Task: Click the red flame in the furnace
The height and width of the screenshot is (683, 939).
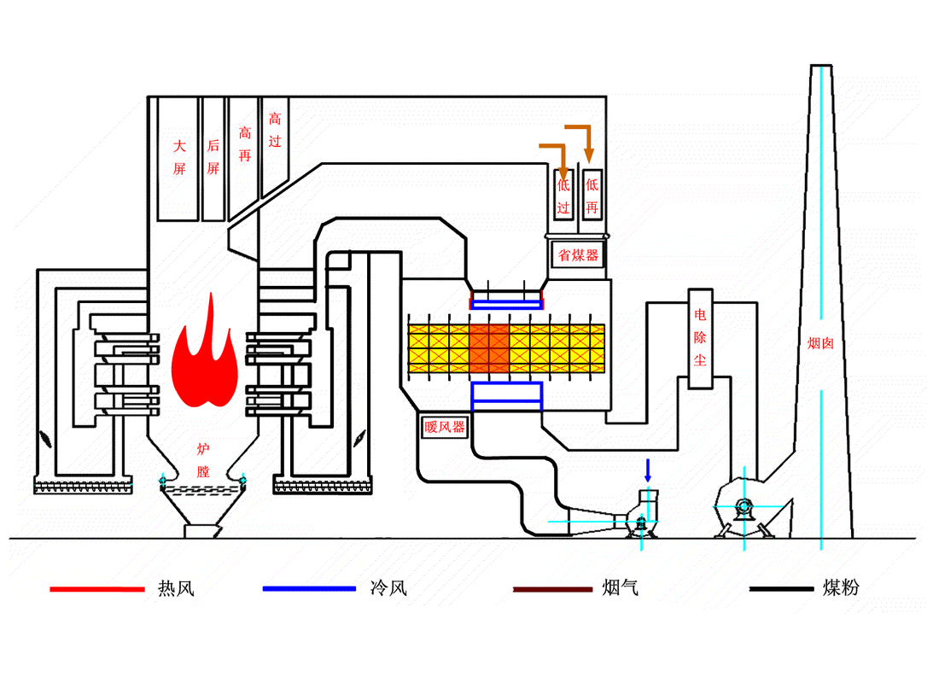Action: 204,359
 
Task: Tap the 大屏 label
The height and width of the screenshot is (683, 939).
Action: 179,157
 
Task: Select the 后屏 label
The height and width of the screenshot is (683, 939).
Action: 213,157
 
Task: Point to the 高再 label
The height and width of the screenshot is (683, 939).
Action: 245,145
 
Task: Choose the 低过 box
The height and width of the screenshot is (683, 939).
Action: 563,196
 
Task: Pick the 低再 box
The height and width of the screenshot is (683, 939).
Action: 592,196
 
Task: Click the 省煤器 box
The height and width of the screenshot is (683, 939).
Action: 579,255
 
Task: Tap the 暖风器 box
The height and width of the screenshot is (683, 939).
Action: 445,427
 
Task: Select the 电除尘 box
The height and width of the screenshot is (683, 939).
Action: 700,337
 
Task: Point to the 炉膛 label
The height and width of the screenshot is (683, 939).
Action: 203,459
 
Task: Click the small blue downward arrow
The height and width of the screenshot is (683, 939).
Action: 647,470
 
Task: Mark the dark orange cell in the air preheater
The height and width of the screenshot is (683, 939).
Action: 489,347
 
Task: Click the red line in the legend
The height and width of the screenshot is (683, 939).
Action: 96,589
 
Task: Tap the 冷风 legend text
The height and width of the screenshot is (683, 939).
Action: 388,588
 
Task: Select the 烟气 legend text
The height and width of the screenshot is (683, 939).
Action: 620,587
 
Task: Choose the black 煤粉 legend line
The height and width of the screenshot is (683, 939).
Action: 781,589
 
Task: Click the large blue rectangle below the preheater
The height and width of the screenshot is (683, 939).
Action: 507,394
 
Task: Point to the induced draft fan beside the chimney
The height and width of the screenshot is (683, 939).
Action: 744,507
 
